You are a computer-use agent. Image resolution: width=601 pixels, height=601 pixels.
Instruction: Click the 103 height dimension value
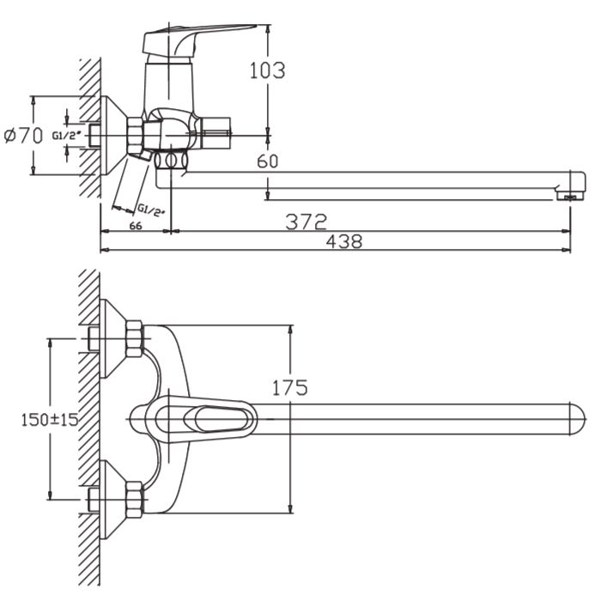pyautogui.click(x=268, y=70)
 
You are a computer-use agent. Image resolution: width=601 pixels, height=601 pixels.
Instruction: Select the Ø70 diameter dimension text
pyautogui.click(x=23, y=136)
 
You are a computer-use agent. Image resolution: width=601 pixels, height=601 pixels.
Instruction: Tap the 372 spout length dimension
pyautogui.click(x=307, y=222)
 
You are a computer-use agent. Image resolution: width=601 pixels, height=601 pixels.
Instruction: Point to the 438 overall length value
pyautogui.click(x=344, y=241)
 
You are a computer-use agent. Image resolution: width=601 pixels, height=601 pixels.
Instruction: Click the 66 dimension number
pyautogui.click(x=136, y=226)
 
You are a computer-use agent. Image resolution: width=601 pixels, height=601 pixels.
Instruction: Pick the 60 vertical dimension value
pyautogui.click(x=268, y=161)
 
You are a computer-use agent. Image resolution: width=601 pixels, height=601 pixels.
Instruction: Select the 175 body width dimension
pyautogui.click(x=290, y=387)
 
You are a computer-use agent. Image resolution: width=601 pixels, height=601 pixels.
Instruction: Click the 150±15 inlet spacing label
pyautogui.click(x=50, y=419)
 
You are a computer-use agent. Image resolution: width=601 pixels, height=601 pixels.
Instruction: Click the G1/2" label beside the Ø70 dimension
pyautogui.click(x=67, y=136)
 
